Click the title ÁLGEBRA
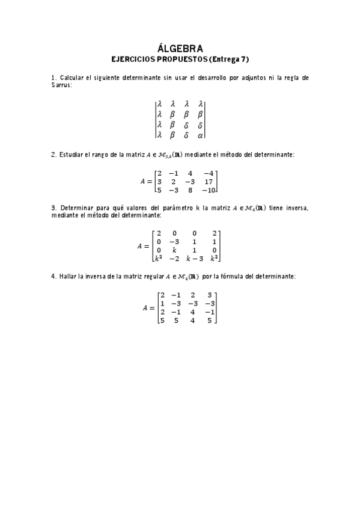(180, 49)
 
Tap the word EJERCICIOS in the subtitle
(133, 59)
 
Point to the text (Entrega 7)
(228, 59)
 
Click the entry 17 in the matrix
(209, 181)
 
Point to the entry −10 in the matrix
(208, 190)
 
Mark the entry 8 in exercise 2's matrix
(190, 190)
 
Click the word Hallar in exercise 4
(70, 276)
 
